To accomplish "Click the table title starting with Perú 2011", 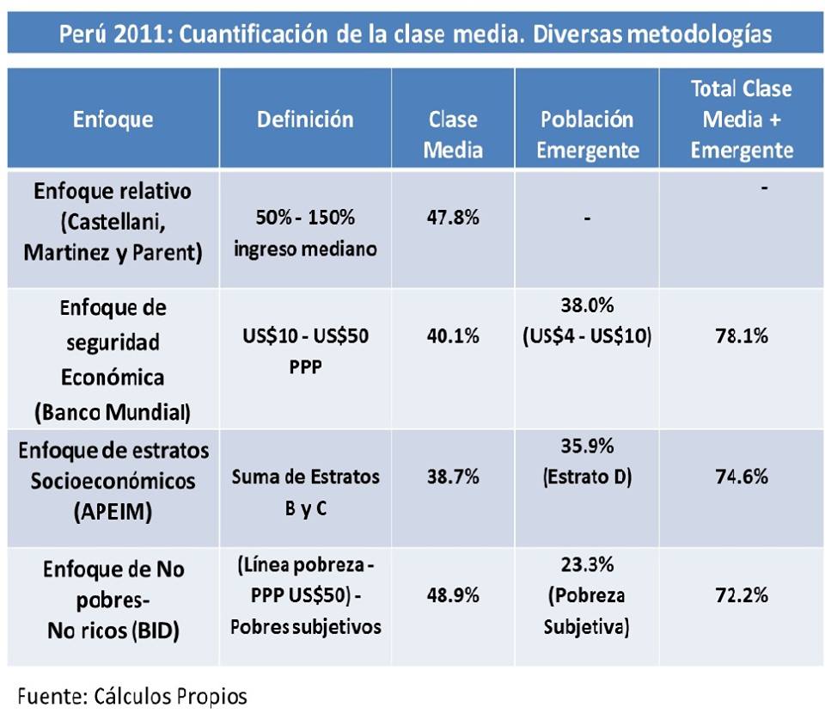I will click(x=415, y=34).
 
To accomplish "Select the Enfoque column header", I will click(x=113, y=119).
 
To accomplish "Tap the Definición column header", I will click(x=305, y=119).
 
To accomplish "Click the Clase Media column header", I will click(x=454, y=134).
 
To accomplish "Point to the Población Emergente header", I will click(x=588, y=134).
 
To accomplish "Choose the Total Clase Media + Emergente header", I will click(x=742, y=119).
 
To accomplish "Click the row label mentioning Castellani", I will click(x=113, y=222).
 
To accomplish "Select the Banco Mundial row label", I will click(x=113, y=360).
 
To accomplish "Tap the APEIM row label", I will click(x=113, y=478).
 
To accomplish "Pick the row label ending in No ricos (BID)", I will click(x=113, y=600).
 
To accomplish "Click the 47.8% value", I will click(x=453, y=218).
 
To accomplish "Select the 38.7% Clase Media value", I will click(x=453, y=476).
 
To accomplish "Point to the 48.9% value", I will click(x=453, y=594).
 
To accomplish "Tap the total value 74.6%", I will click(x=742, y=476).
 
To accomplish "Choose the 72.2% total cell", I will click(x=742, y=594).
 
